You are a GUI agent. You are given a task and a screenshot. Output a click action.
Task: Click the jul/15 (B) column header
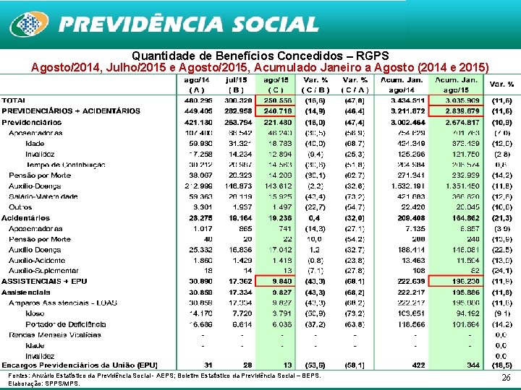[237, 84]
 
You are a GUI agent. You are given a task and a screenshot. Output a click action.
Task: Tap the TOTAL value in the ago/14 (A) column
[198, 100]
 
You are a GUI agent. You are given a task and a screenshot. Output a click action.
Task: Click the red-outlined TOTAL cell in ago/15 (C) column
[277, 100]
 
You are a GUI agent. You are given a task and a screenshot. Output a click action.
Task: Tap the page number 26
[506, 377]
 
